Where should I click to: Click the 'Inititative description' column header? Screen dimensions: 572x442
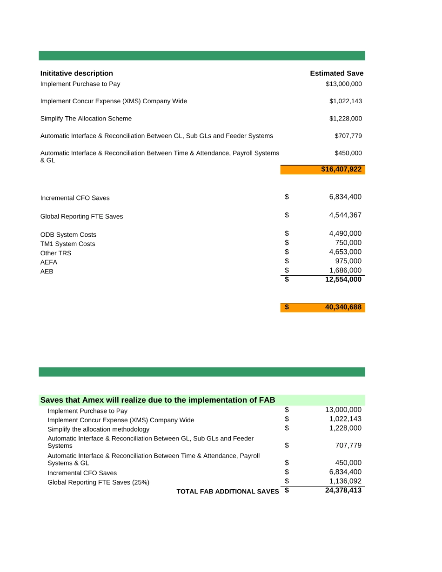[x=76, y=73]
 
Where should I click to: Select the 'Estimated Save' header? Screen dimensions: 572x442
[x=336, y=73]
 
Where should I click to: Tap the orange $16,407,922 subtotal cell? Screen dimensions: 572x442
[x=341, y=169]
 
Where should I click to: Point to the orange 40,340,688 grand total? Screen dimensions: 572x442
[x=343, y=307]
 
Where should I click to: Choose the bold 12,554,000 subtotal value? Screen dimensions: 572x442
[x=343, y=279]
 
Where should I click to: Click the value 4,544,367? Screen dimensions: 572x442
[x=345, y=215]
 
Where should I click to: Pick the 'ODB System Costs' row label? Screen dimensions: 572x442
[x=68, y=235]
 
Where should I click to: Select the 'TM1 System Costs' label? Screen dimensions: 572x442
[x=67, y=244]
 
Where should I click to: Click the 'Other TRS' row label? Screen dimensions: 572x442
[x=56, y=253]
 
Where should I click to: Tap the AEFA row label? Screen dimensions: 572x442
[x=49, y=262]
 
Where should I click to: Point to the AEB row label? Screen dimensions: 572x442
[x=47, y=272]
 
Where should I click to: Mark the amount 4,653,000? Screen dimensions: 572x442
[x=345, y=252]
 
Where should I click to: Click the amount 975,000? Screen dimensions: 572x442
[x=348, y=261]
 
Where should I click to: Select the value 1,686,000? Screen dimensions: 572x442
[x=345, y=270]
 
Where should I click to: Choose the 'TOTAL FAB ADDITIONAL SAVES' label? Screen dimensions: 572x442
[x=228, y=492]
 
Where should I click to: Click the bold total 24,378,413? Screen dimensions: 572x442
[x=343, y=490]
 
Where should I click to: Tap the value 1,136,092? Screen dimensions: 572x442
[x=345, y=481]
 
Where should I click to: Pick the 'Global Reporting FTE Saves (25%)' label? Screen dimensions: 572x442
[x=98, y=483]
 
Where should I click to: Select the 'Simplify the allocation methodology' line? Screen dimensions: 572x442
[x=98, y=430]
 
